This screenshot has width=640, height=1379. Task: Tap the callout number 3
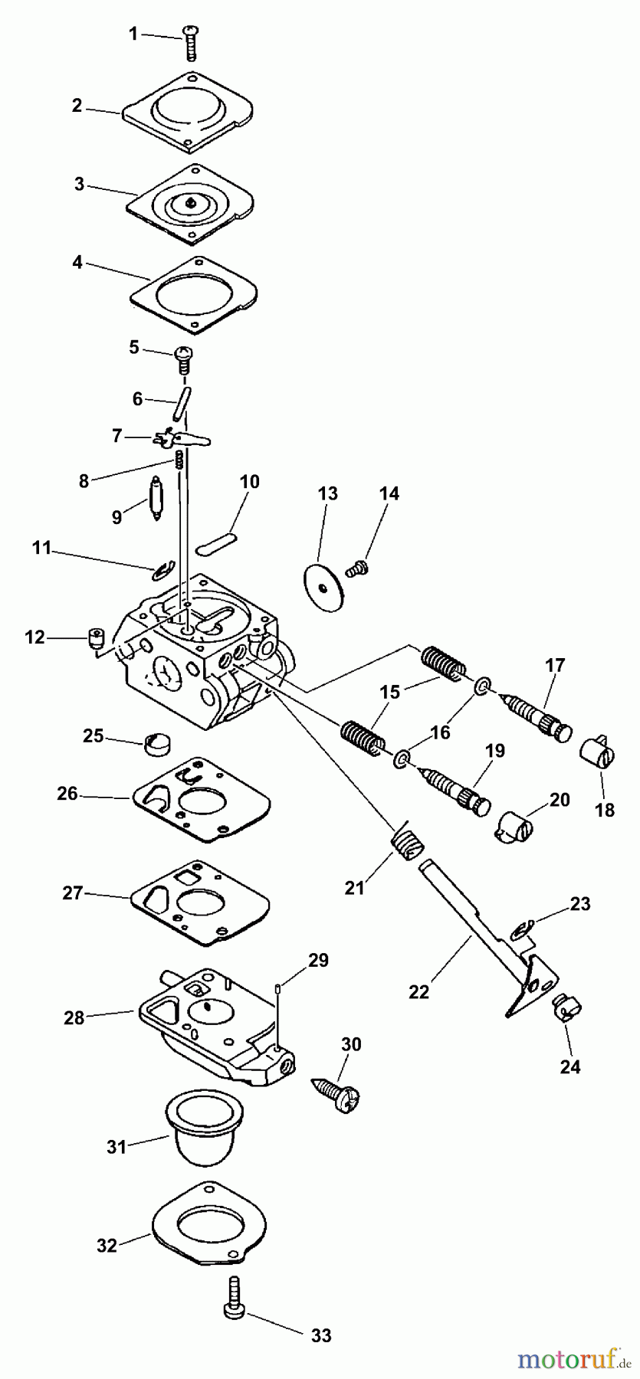pos(79,184)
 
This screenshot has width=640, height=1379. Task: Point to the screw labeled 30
pos(336,1091)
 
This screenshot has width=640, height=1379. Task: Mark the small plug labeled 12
pos(95,638)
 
